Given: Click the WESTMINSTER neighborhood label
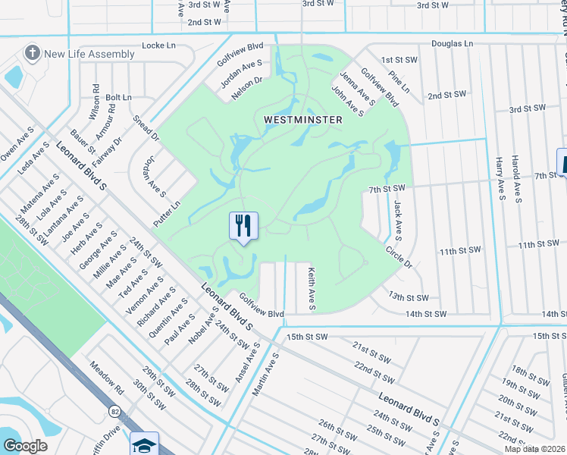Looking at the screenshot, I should coord(303,120).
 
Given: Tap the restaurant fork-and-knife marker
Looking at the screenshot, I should coord(243,224).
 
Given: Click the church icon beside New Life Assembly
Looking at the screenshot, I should coord(32,53).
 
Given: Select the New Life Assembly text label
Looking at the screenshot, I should coord(89,54).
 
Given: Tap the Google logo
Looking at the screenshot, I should coord(25,445).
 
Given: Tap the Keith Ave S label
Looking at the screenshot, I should coord(311,288).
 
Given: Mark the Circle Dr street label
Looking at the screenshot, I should coord(398,257).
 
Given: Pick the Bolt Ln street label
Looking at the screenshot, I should coord(119,97).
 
